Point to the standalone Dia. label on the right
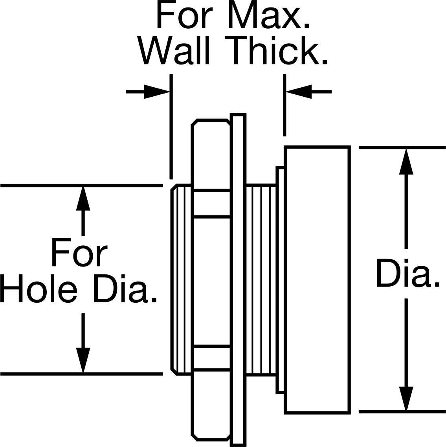pyautogui.click(x=407, y=273)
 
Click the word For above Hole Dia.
pyautogui.click(x=79, y=253)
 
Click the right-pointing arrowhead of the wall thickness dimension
pyautogui.click(x=157, y=92)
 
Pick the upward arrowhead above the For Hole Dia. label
pyautogui.click(x=83, y=199)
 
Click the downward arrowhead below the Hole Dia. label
pyautogui.click(x=83, y=360)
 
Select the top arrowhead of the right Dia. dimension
pyautogui.click(x=406, y=161)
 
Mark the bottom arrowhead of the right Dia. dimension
pyautogui.click(x=406, y=399)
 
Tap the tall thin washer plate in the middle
pyautogui.click(x=238, y=280)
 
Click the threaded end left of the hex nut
pyautogui.click(x=181, y=280)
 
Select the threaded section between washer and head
pyautogui.click(x=261, y=280)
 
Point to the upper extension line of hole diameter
pyautogui.click(x=81, y=186)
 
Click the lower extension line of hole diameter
pyautogui.click(x=81, y=374)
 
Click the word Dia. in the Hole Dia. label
pyautogui.click(x=125, y=288)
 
